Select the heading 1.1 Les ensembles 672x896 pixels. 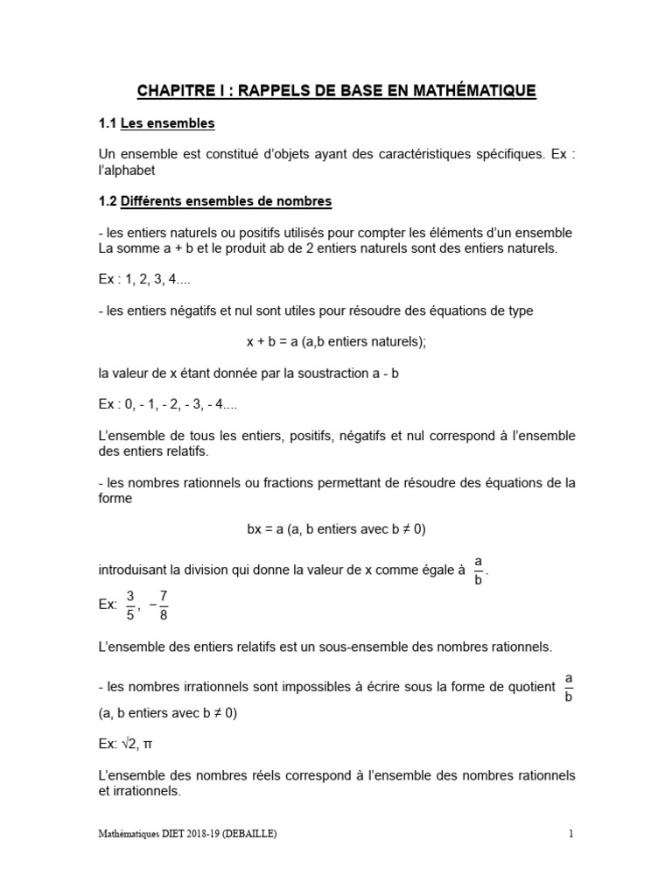click(x=157, y=124)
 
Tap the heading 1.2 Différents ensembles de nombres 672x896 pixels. click(x=215, y=201)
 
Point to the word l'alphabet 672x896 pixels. click(x=128, y=171)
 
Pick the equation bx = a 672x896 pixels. click(x=270, y=528)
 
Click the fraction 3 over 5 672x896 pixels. click(x=129, y=605)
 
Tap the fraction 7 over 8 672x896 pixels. click(x=162, y=605)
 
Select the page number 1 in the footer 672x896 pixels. click(x=571, y=835)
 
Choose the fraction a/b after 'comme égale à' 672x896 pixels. click(x=478, y=569)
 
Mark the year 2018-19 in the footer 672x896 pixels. click(x=197, y=835)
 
